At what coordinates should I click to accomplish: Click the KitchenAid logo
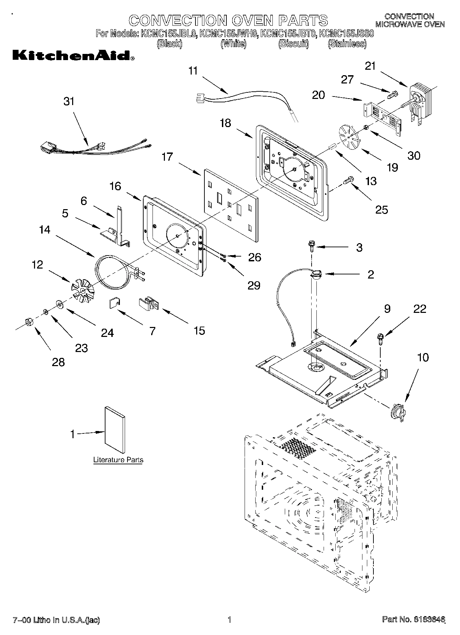(x=73, y=56)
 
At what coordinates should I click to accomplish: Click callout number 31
(x=69, y=102)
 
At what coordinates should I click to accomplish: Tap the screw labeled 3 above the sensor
(x=312, y=245)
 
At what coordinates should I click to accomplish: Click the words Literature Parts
(x=118, y=460)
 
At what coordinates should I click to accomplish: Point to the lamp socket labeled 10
(x=398, y=411)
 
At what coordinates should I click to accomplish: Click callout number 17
(x=167, y=157)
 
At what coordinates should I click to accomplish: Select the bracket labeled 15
(x=148, y=304)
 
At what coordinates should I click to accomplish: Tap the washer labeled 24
(x=59, y=304)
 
